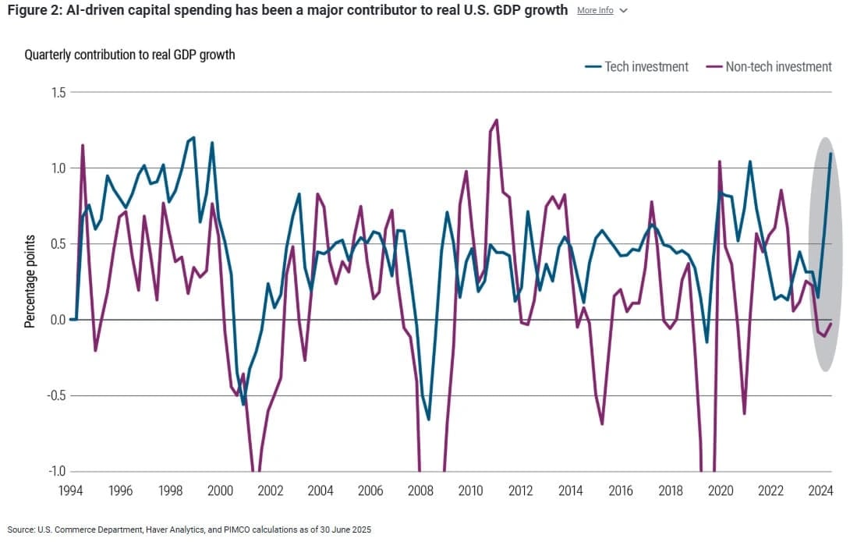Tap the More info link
point(595,11)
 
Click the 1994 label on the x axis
point(71,491)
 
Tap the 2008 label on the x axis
point(420,491)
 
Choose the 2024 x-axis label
point(820,491)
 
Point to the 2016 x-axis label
point(621,491)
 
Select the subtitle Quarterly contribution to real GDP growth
point(129,55)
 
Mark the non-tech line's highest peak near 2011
point(497,120)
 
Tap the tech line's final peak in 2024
point(830,154)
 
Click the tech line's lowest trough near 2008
point(429,420)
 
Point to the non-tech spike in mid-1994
point(83,145)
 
